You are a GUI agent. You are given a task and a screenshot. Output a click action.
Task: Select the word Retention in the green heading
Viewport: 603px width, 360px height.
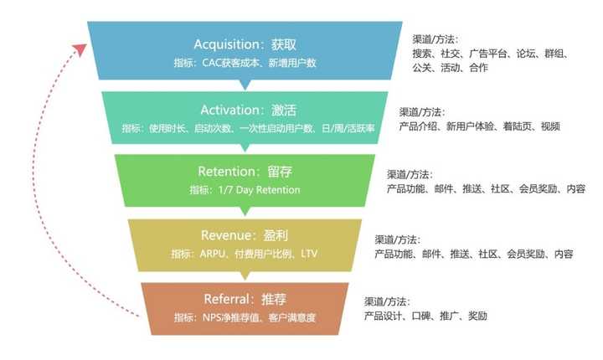click(226, 172)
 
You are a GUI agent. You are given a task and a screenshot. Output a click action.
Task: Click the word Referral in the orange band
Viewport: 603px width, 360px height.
click(226, 299)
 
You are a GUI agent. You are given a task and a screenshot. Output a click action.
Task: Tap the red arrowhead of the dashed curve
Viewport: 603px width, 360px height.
click(80, 49)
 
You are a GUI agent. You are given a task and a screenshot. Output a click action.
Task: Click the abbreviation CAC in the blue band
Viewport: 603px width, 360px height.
click(212, 63)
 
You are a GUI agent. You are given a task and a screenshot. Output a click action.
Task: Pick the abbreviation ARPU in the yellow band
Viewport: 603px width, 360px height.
click(212, 254)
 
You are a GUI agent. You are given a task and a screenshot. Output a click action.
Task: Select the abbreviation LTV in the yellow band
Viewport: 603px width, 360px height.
click(309, 254)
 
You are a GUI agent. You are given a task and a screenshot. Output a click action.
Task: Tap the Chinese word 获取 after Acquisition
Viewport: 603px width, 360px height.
click(283, 44)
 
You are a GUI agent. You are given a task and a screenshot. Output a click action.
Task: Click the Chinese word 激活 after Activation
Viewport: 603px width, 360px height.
click(284, 111)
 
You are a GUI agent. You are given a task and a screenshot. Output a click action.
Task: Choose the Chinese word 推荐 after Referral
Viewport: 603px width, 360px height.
click(274, 299)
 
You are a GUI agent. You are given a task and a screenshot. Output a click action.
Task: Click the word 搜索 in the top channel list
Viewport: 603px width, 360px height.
click(422, 54)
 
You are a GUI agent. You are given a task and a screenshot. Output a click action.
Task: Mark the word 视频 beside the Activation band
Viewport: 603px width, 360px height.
click(550, 126)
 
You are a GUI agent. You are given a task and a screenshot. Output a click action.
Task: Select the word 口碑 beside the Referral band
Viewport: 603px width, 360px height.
click(421, 316)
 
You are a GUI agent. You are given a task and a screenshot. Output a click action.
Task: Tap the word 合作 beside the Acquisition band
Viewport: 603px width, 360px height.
click(478, 68)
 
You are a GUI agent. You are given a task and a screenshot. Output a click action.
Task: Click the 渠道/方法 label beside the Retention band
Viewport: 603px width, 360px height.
click(410, 175)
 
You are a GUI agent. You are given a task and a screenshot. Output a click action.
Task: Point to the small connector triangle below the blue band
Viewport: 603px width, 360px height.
click(245, 85)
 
